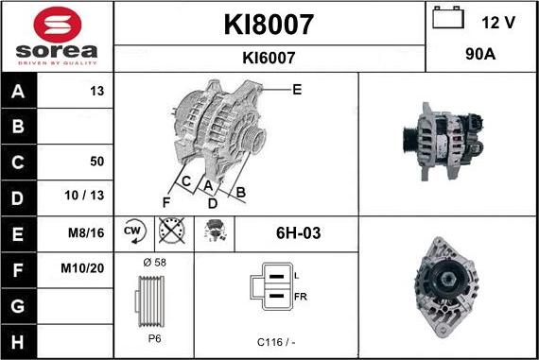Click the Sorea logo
click(57, 35)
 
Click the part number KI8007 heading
click(269, 24)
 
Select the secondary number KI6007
click(269, 58)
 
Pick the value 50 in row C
click(96, 161)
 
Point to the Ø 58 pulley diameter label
click(153, 262)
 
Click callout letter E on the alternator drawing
click(297, 89)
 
